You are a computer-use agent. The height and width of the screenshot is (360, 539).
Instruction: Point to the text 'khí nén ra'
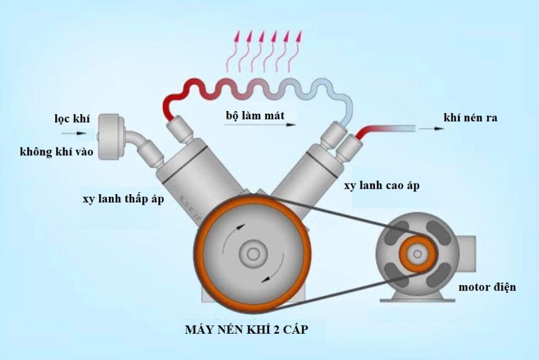[471, 117]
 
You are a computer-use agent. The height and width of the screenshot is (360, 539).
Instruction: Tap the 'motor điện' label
[487, 287]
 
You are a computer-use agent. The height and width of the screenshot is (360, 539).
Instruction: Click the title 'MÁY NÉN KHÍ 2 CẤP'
[246, 331]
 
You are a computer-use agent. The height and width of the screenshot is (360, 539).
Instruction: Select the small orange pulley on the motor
[417, 253]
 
